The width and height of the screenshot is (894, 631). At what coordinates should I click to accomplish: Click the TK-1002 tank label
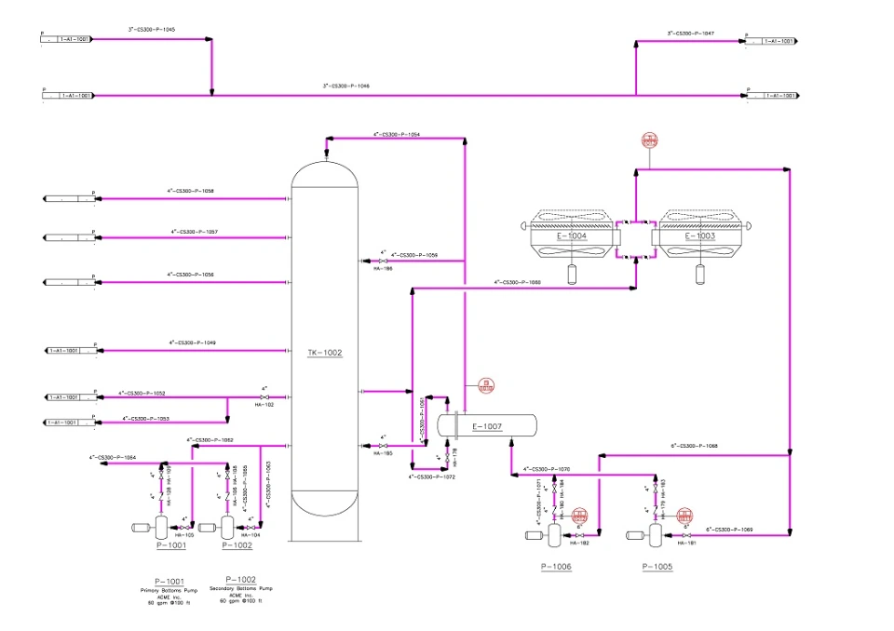point(325,353)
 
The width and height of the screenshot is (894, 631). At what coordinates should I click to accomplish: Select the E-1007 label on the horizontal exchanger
point(487,427)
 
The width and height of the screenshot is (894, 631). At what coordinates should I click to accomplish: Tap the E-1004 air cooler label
point(572,236)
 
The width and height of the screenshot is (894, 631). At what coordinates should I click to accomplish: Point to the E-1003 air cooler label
point(700,236)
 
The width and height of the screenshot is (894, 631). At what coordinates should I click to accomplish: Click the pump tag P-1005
point(657,566)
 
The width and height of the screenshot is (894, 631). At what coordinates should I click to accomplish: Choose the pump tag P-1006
point(556,566)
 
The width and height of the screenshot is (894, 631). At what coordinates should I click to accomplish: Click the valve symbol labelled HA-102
point(264,397)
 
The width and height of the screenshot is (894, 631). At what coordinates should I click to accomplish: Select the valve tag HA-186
point(383,268)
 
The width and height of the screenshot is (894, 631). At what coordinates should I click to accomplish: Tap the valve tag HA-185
point(383,453)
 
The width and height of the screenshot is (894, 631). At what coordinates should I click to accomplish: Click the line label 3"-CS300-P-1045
point(152,30)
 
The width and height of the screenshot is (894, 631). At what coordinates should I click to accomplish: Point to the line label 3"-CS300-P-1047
point(690,34)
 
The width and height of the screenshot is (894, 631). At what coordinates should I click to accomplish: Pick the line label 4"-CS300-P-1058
point(191,191)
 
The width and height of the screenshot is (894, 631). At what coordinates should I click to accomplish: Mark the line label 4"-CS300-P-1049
point(193,342)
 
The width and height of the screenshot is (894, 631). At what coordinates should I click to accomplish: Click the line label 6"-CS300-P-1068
point(695,446)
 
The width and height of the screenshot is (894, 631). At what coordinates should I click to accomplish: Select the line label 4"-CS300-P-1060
point(517,281)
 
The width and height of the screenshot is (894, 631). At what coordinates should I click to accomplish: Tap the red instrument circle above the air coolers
point(649,141)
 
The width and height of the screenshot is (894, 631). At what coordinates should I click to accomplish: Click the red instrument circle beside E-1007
point(486,384)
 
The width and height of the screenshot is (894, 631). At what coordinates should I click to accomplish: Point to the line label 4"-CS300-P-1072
point(431,476)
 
